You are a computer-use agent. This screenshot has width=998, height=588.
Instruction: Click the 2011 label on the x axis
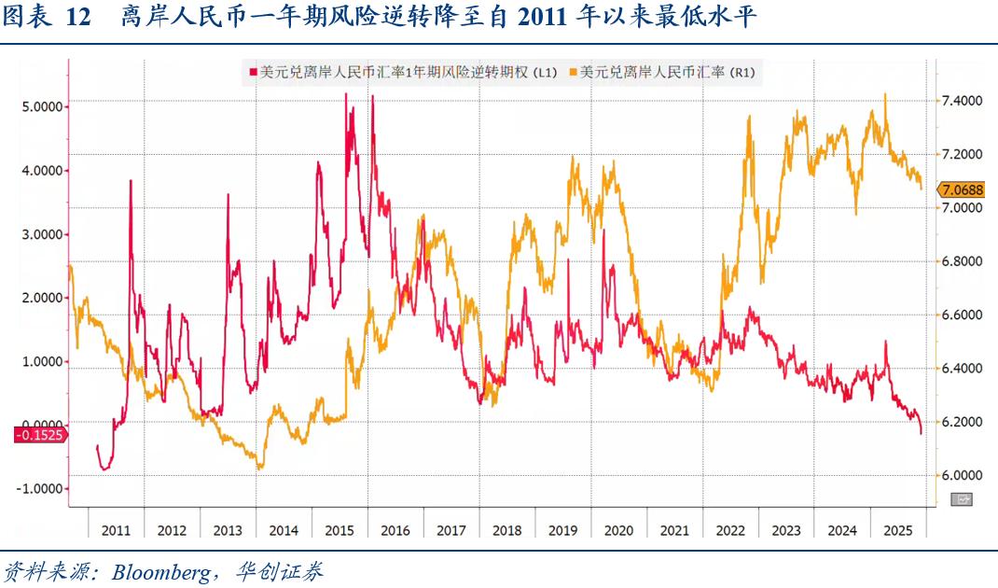click(x=116, y=530)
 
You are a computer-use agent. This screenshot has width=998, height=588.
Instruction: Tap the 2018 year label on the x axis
click(x=506, y=530)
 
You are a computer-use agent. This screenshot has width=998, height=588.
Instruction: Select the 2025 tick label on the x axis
click(x=898, y=530)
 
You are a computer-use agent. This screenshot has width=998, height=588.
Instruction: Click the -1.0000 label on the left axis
click(x=41, y=488)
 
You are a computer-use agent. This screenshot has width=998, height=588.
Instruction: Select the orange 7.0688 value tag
click(x=960, y=189)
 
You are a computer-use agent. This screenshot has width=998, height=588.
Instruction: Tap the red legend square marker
click(x=251, y=72)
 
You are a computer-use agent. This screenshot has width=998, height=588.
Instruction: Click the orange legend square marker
click(x=573, y=72)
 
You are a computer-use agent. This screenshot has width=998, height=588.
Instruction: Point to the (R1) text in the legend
click(x=742, y=72)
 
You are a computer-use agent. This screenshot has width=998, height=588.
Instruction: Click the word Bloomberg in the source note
click(x=161, y=571)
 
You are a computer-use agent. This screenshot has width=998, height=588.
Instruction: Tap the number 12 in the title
click(x=79, y=19)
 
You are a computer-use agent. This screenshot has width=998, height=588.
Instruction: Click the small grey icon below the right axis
click(x=961, y=499)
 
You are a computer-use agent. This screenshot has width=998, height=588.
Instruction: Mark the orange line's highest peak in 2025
click(x=884, y=93)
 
